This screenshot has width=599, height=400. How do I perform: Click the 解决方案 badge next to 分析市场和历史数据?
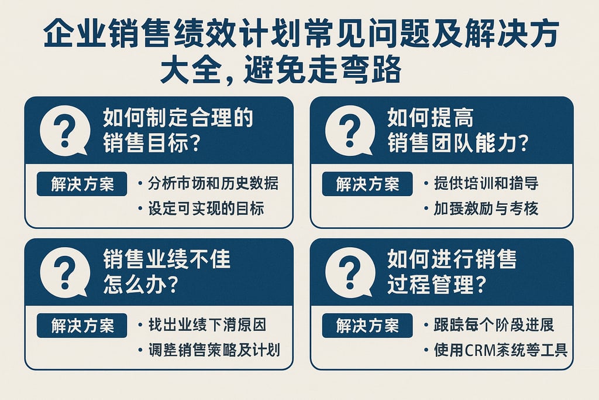pyautogui.click(x=82, y=184)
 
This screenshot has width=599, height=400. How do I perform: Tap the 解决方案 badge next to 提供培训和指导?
pyautogui.click(x=367, y=184)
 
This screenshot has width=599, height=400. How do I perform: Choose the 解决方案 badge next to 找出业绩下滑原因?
pyautogui.click(x=82, y=326)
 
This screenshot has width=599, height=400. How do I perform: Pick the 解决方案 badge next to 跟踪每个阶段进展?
pyautogui.click(x=367, y=326)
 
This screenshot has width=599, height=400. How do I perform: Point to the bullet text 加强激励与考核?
pyautogui.click(x=486, y=208)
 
